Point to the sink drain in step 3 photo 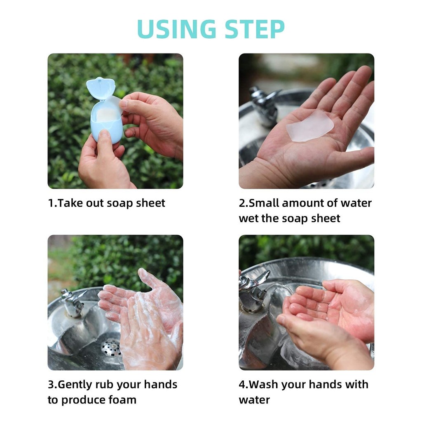pyautogui.click(x=111, y=347)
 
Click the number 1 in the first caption pyautogui.click(x=51, y=203)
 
